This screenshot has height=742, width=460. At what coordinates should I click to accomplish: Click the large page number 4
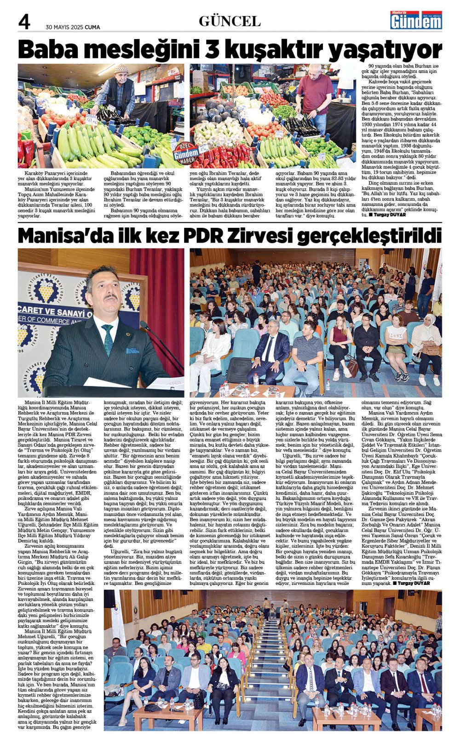(x=24, y=21)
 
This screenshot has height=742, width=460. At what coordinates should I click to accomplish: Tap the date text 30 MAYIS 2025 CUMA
(x=73, y=27)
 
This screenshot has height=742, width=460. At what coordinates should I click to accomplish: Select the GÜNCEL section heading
(x=230, y=21)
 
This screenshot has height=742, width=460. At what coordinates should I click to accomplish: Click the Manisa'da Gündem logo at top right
(x=416, y=20)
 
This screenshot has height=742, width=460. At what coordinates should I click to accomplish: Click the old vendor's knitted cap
(x=121, y=69)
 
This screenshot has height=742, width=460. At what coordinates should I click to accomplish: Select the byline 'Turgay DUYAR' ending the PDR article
(x=414, y=583)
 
